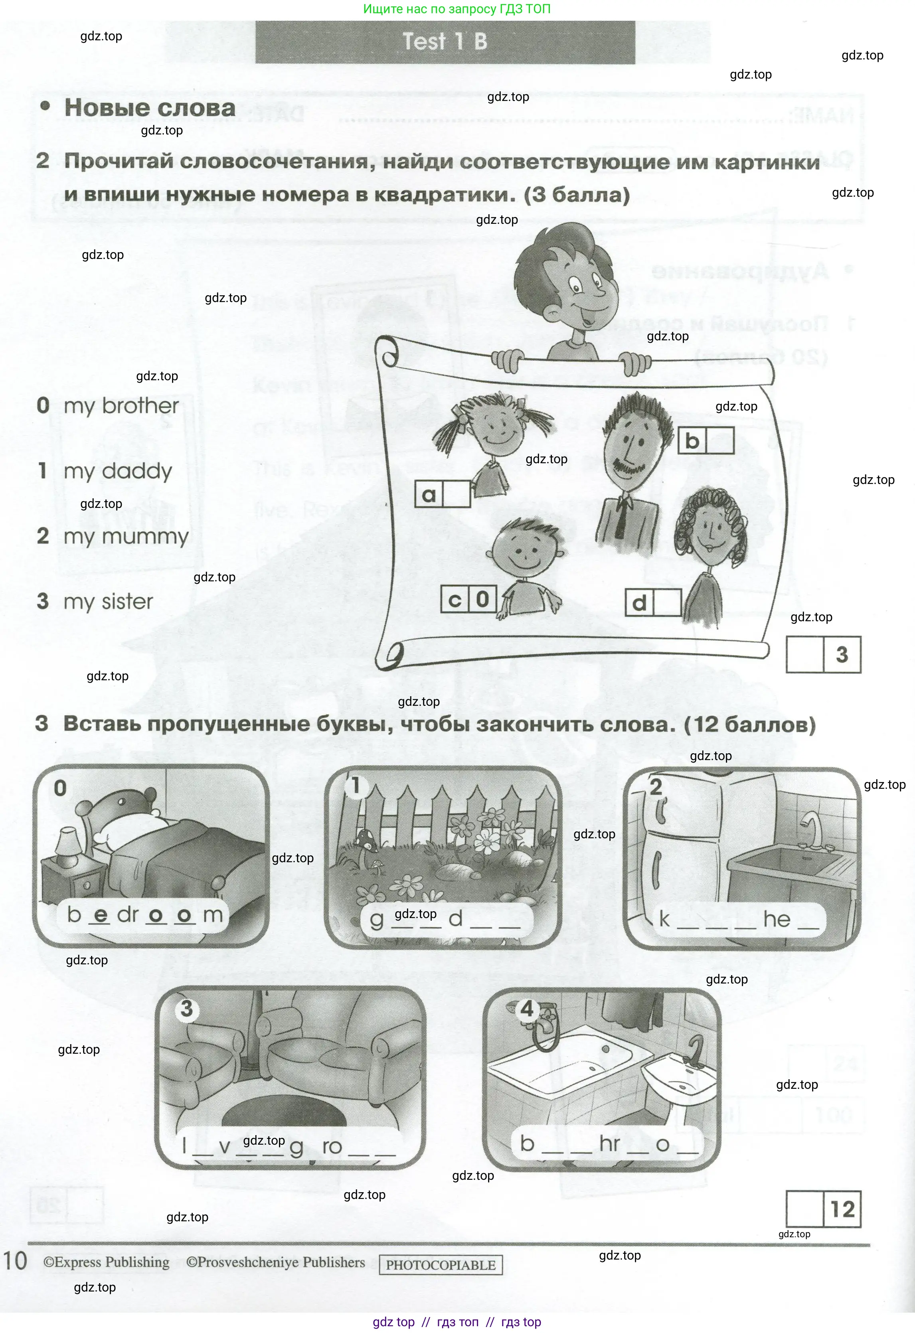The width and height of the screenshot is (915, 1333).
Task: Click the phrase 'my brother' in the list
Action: pos(121,406)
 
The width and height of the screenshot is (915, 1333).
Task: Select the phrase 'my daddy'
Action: pos(118,472)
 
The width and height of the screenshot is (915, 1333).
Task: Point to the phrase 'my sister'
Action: pos(108,602)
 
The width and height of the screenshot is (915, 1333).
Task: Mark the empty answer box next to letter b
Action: pos(720,440)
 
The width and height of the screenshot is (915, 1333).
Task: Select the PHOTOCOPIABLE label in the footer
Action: pos(441,1265)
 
